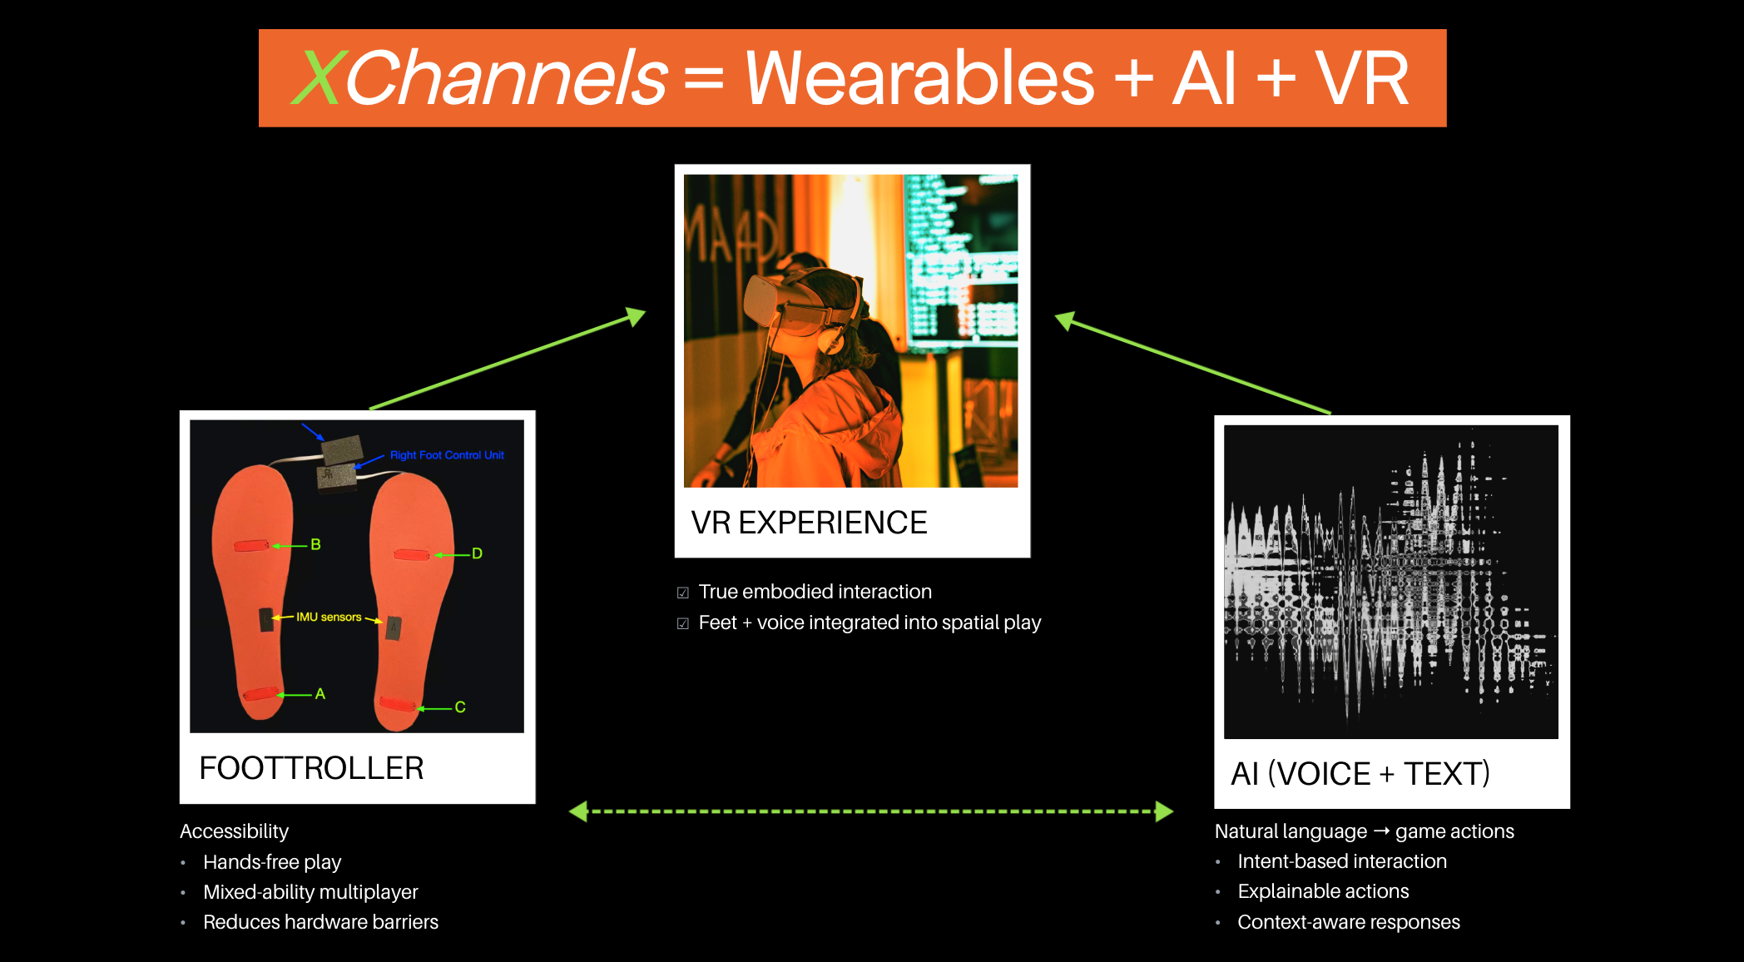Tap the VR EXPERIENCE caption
pyautogui.click(x=809, y=523)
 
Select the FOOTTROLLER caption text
pyautogui.click(x=311, y=768)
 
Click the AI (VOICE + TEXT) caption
pyautogui.click(x=1360, y=774)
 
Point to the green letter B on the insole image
pyautogui.click(x=315, y=544)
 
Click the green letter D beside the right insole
pyautogui.click(x=477, y=553)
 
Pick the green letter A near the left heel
pyautogui.click(x=320, y=694)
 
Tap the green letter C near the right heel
pyautogui.click(x=460, y=707)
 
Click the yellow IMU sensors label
pyautogui.click(x=329, y=617)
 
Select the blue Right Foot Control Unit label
pyautogui.click(x=447, y=455)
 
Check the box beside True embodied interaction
pyautogui.click(x=683, y=593)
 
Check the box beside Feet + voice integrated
pyautogui.click(x=683, y=623)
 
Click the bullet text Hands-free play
pyautogui.click(x=272, y=862)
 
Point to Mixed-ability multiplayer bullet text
pyautogui.click(x=310, y=892)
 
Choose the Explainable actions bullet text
pyautogui.click(x=1323, y=891)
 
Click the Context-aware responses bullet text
pyautogui.click(x=1349, y=922)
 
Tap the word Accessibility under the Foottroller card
pyautogui.click(x=234, y=831)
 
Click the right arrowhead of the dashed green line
pyautogui.click(x=1164, y=811)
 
